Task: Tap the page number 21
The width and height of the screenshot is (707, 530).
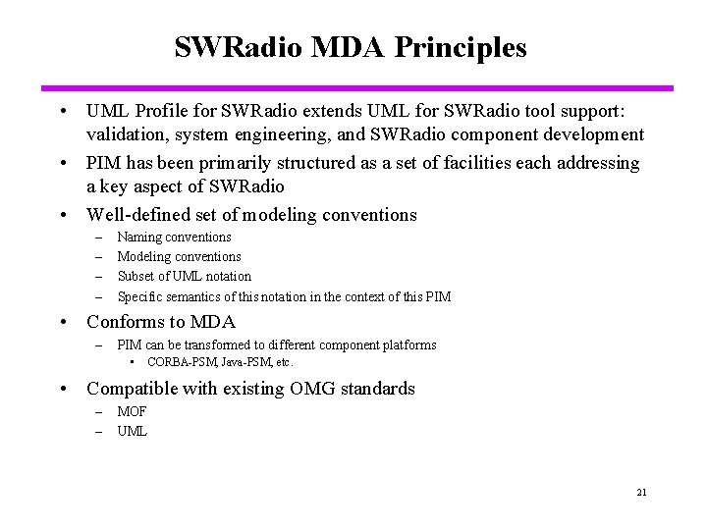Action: pos(641,493)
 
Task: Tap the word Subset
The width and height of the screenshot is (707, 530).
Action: pos(137,277)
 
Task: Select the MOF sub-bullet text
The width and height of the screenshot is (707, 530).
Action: pos(132,412)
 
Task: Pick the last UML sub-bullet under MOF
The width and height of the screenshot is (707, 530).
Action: pos(132,431)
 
